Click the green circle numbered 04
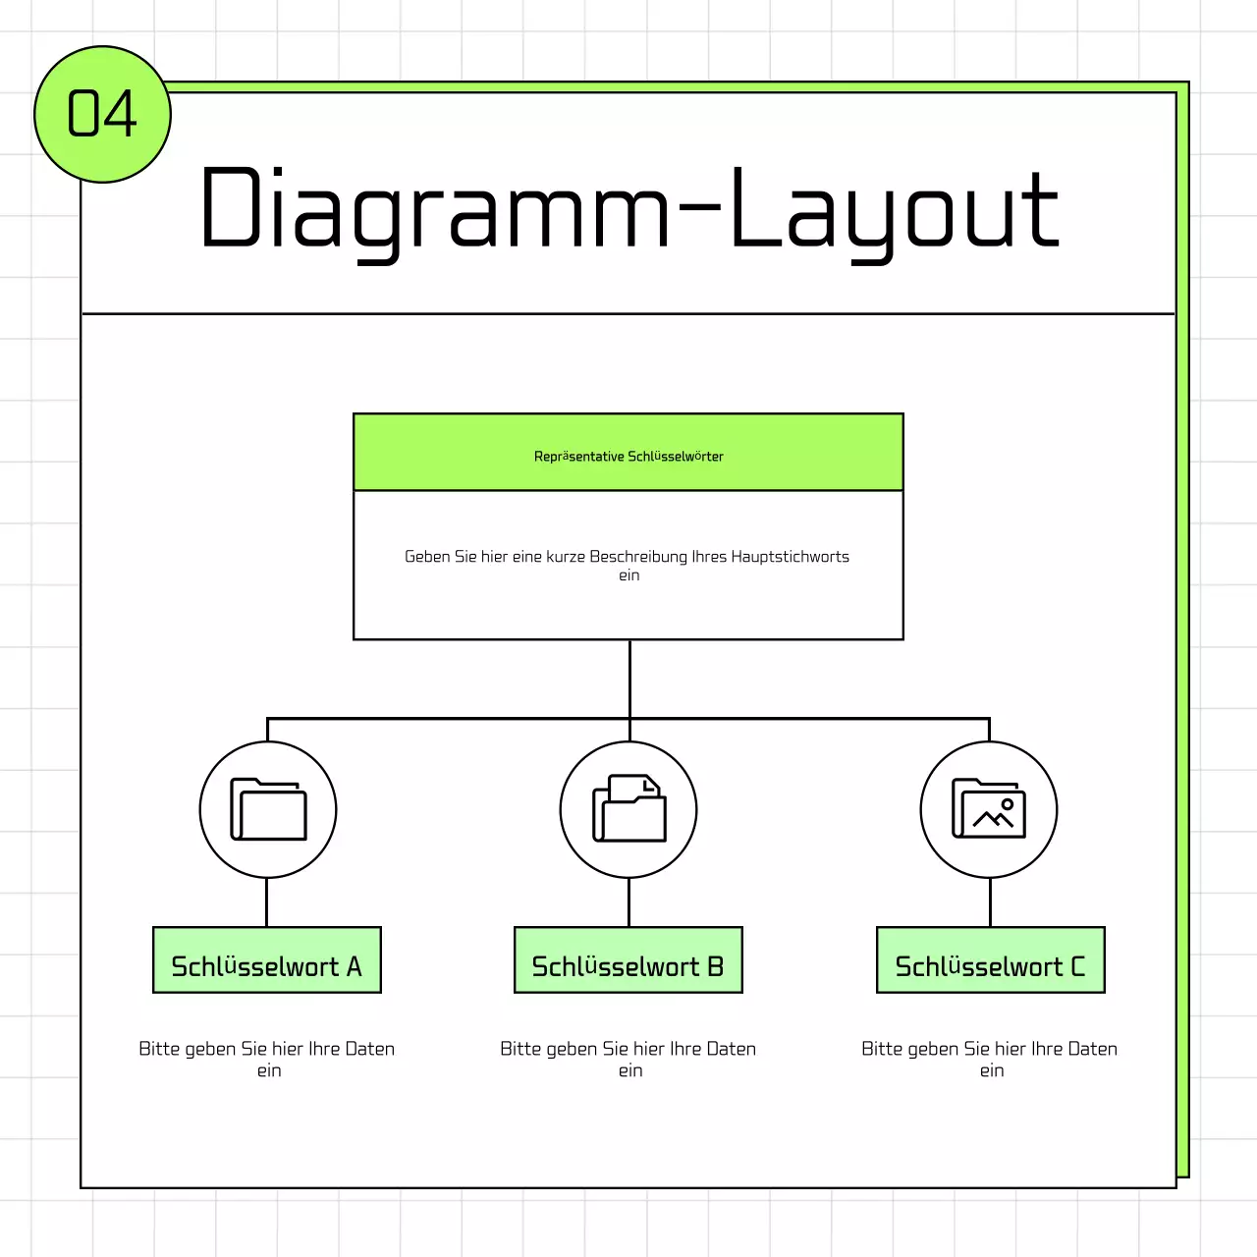pos(102,114)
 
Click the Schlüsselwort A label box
pos(267,960)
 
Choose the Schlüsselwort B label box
pos(628,960)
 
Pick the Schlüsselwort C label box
pos(990,960)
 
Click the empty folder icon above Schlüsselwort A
pos(268,809)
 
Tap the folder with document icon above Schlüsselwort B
pos(628,809)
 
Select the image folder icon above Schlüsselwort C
pos(989,809)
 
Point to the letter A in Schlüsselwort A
pos(355,967)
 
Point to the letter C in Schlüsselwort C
pos(1077,967)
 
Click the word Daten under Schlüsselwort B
pos(732,1049)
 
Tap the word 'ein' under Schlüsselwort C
pos(992,1071)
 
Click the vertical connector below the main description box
pos(629,679)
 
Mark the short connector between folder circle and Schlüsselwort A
pos(267,902)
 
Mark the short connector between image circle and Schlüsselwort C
pos(990,902)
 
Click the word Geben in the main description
pos(427,557)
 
